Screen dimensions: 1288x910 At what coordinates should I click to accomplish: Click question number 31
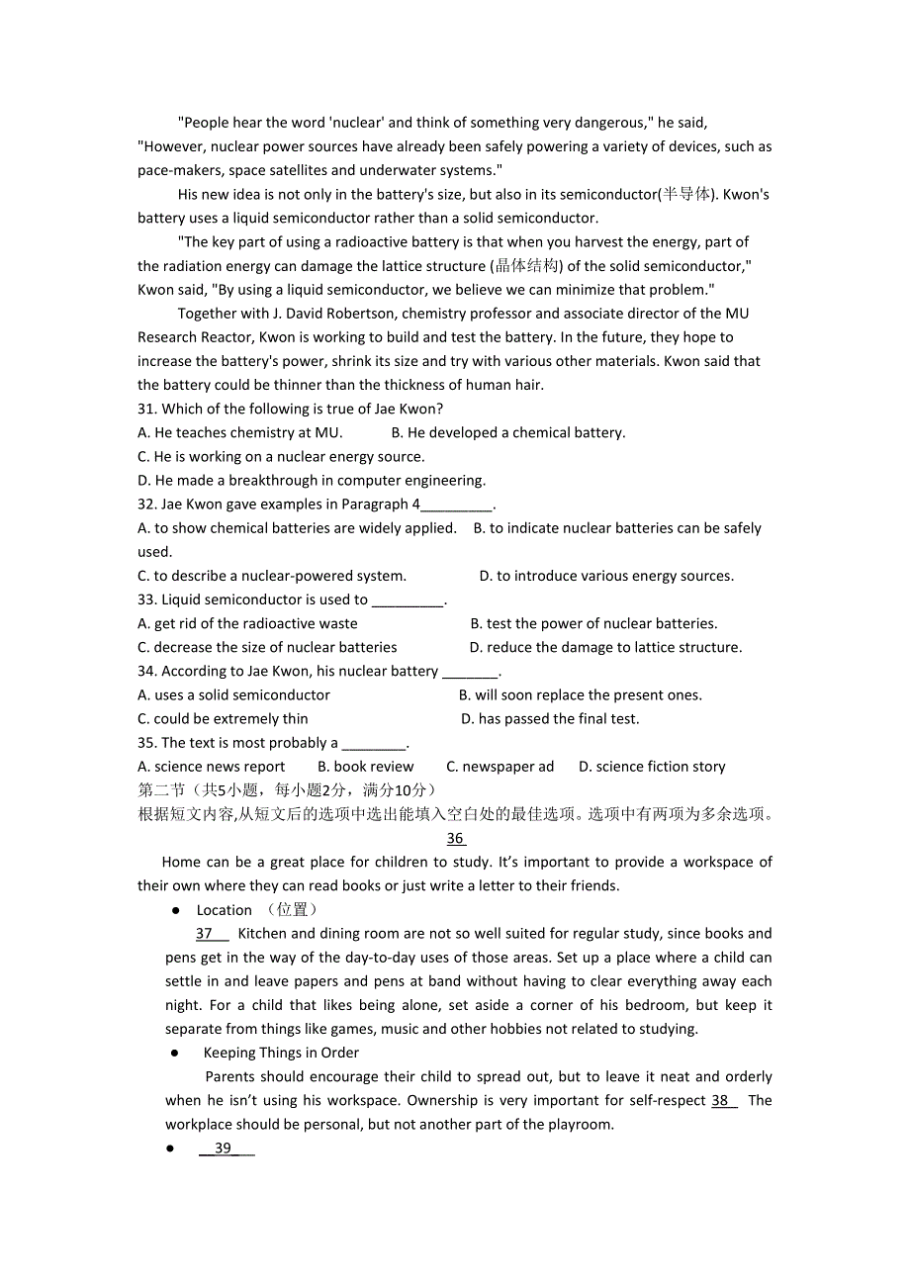(x=147, y=410)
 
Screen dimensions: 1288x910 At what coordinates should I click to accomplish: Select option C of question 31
(x=281, y=457)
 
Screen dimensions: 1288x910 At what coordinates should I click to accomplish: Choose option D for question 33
(x=605, y=648)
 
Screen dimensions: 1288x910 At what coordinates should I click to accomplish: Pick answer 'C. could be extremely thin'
(x=224, y=719)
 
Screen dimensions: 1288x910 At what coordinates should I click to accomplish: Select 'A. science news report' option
(x=212, y=767)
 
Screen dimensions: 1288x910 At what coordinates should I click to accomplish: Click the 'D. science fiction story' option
(x=652, y=767)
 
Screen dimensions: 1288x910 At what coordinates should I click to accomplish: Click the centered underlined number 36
(x=455, y=839)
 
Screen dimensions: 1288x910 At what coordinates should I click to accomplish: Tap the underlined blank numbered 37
(x=211, y=934)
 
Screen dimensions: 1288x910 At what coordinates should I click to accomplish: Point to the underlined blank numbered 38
(x=723, y=1101)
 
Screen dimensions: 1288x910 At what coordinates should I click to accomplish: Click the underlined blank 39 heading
(x=226, y=1149)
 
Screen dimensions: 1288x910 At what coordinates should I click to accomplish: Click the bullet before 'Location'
(x=175, y=910)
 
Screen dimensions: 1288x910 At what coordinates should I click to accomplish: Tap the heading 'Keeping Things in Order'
(x=281, y=1054)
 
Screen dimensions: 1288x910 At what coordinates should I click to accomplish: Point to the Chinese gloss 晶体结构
(x=526, y=266)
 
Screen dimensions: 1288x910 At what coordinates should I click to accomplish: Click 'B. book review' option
(x=366, y=767)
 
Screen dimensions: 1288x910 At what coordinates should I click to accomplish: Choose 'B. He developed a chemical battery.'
(x=508, y=433)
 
